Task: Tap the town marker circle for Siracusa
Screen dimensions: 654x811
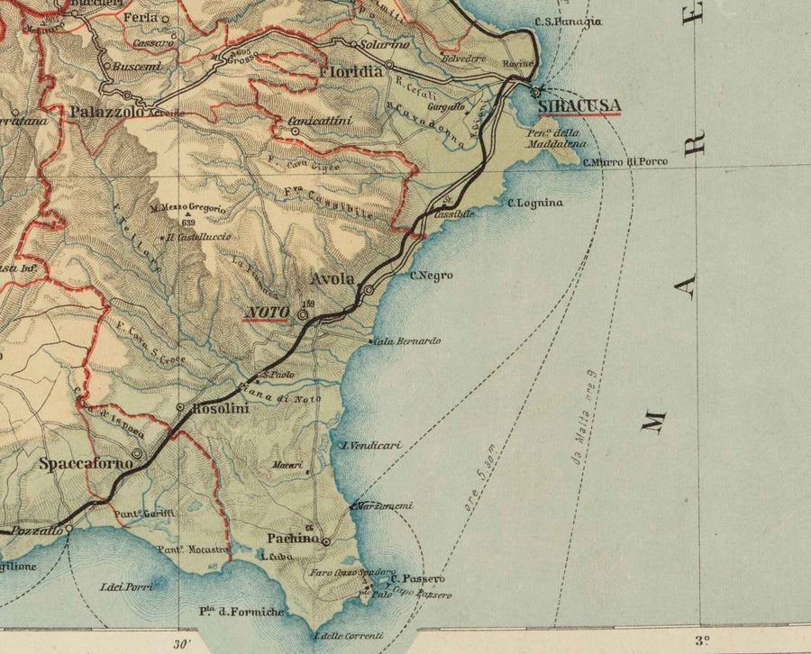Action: click(536, 91)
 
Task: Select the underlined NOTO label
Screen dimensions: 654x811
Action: click(269, 313)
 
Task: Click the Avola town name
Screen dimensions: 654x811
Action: click(333, 278)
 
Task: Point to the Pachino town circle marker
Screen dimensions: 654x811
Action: click(326, 542)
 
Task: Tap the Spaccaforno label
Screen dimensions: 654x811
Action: click(87, 464)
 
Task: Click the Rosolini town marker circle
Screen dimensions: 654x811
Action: click(181, 408)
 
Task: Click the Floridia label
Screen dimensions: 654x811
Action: click(344, 70)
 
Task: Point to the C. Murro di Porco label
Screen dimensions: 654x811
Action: click(625, 162)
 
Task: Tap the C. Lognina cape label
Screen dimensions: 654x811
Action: click(535, 203)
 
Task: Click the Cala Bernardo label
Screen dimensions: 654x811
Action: click(406, 341)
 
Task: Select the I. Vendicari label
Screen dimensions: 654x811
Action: click(370, 445)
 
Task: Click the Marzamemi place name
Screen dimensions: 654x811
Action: click(384, 506)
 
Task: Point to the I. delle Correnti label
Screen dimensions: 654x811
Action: click(348, 636)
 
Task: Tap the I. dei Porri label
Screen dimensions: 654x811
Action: click(127, 587)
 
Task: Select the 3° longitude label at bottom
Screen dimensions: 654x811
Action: click(702, 641)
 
